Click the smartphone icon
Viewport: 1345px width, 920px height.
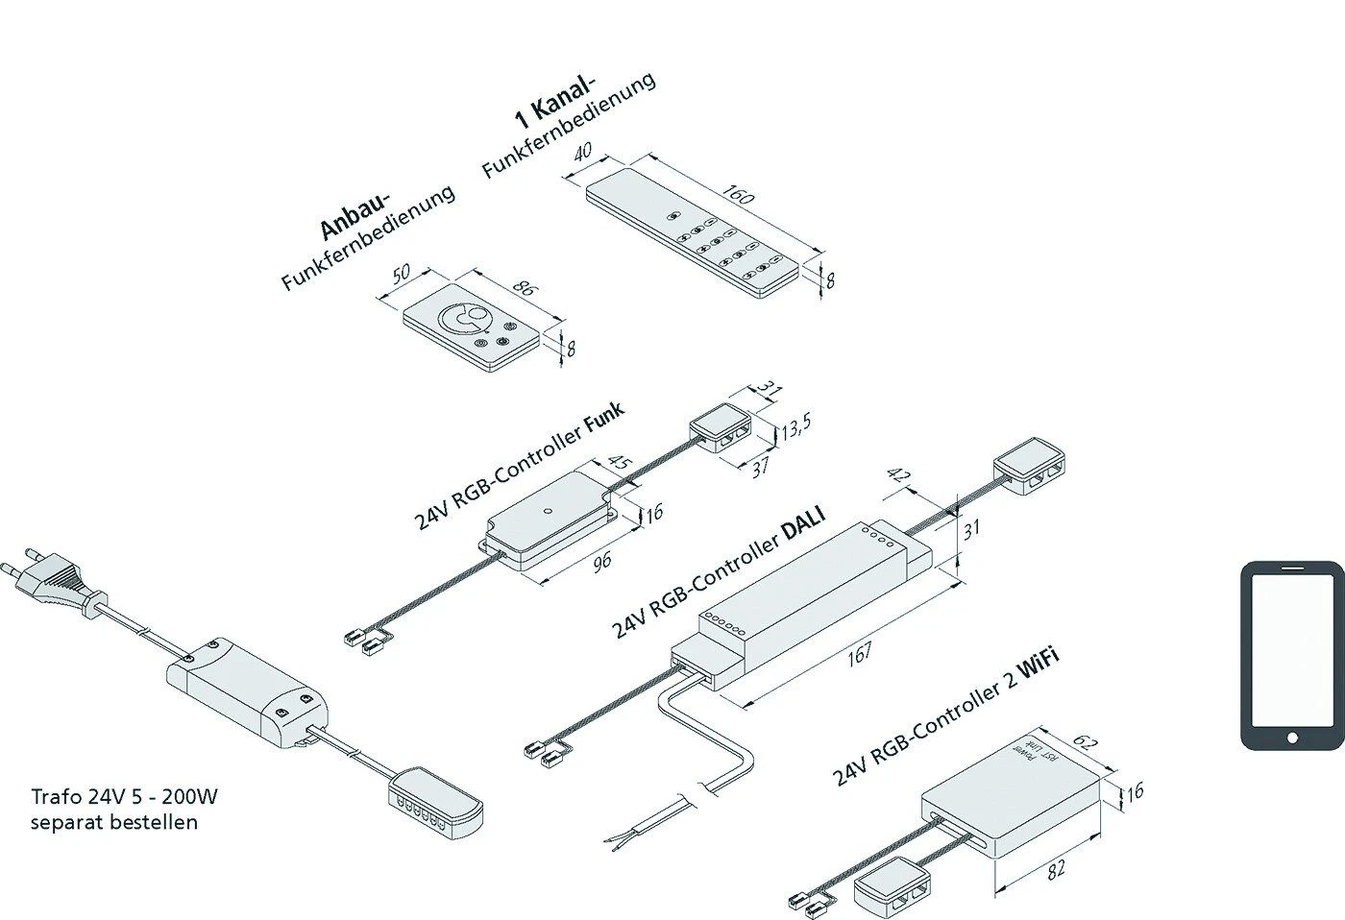pyautogui.click(x=1290, y=655)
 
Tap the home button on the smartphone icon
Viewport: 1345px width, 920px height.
pyautogui.click(x=1291, y=737)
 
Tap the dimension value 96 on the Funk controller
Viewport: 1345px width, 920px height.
pyautogui.click(x=600, y=561)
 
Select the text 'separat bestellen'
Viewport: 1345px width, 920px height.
pyautogui.click(x=114, y=822)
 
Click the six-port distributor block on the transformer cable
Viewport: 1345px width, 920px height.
pyautogui.click(x=436, y=797)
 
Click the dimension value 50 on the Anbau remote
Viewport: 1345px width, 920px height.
pyautogui.click(x=401, y=273)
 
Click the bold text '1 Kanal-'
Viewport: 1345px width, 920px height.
pyautogui.click(x=554, y=102)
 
